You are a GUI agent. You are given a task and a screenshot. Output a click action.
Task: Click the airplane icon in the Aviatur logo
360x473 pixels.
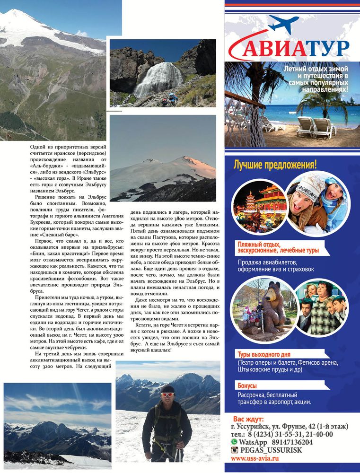[283, 24]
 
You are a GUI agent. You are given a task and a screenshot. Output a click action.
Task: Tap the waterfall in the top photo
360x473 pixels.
[152, 78]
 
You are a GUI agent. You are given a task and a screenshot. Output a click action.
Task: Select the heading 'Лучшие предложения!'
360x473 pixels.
[275, 165]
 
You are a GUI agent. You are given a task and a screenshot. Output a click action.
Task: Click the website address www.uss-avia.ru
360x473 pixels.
[255, 458]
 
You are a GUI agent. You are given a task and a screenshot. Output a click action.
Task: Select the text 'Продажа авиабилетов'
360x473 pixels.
[267, 262]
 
